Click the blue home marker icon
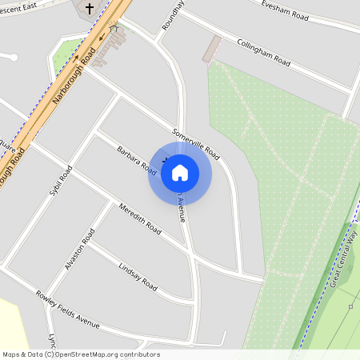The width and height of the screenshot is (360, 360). coord(180,173)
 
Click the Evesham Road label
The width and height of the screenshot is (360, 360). coord(284,9)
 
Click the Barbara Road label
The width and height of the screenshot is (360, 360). coord(136,158)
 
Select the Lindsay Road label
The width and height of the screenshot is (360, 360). coord(138,276)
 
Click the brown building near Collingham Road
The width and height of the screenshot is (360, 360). coord(211,48)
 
